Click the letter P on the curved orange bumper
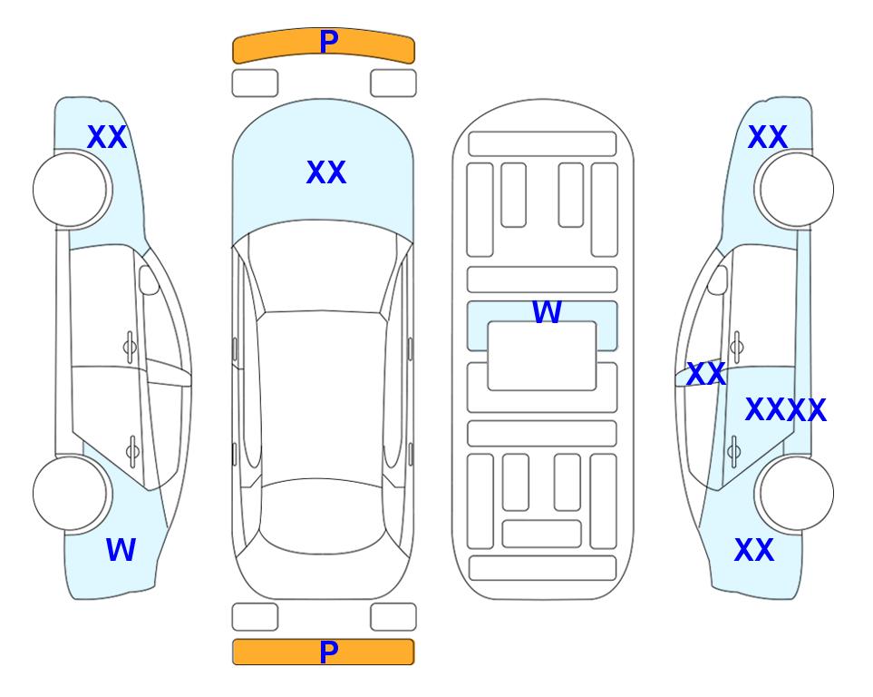[x=329, y=42]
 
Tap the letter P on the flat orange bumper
[x=329, y=652]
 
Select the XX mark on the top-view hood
[x=326, y=172]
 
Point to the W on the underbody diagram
[x=547, y=312]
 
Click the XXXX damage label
[x=786, y=410]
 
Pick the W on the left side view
[x=121, y=550]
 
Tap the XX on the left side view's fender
[x=107, y=137]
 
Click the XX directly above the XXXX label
[x=706, y=374]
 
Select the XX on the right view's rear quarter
[x=754, y=550]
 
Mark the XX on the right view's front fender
[x=767, y=137]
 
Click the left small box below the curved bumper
[x=255, y=83]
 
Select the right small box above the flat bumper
[x=393, y=617]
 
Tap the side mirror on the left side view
[x=150, y=280]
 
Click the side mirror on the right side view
[x=718, y=280]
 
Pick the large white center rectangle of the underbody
[x=542, y=356]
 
